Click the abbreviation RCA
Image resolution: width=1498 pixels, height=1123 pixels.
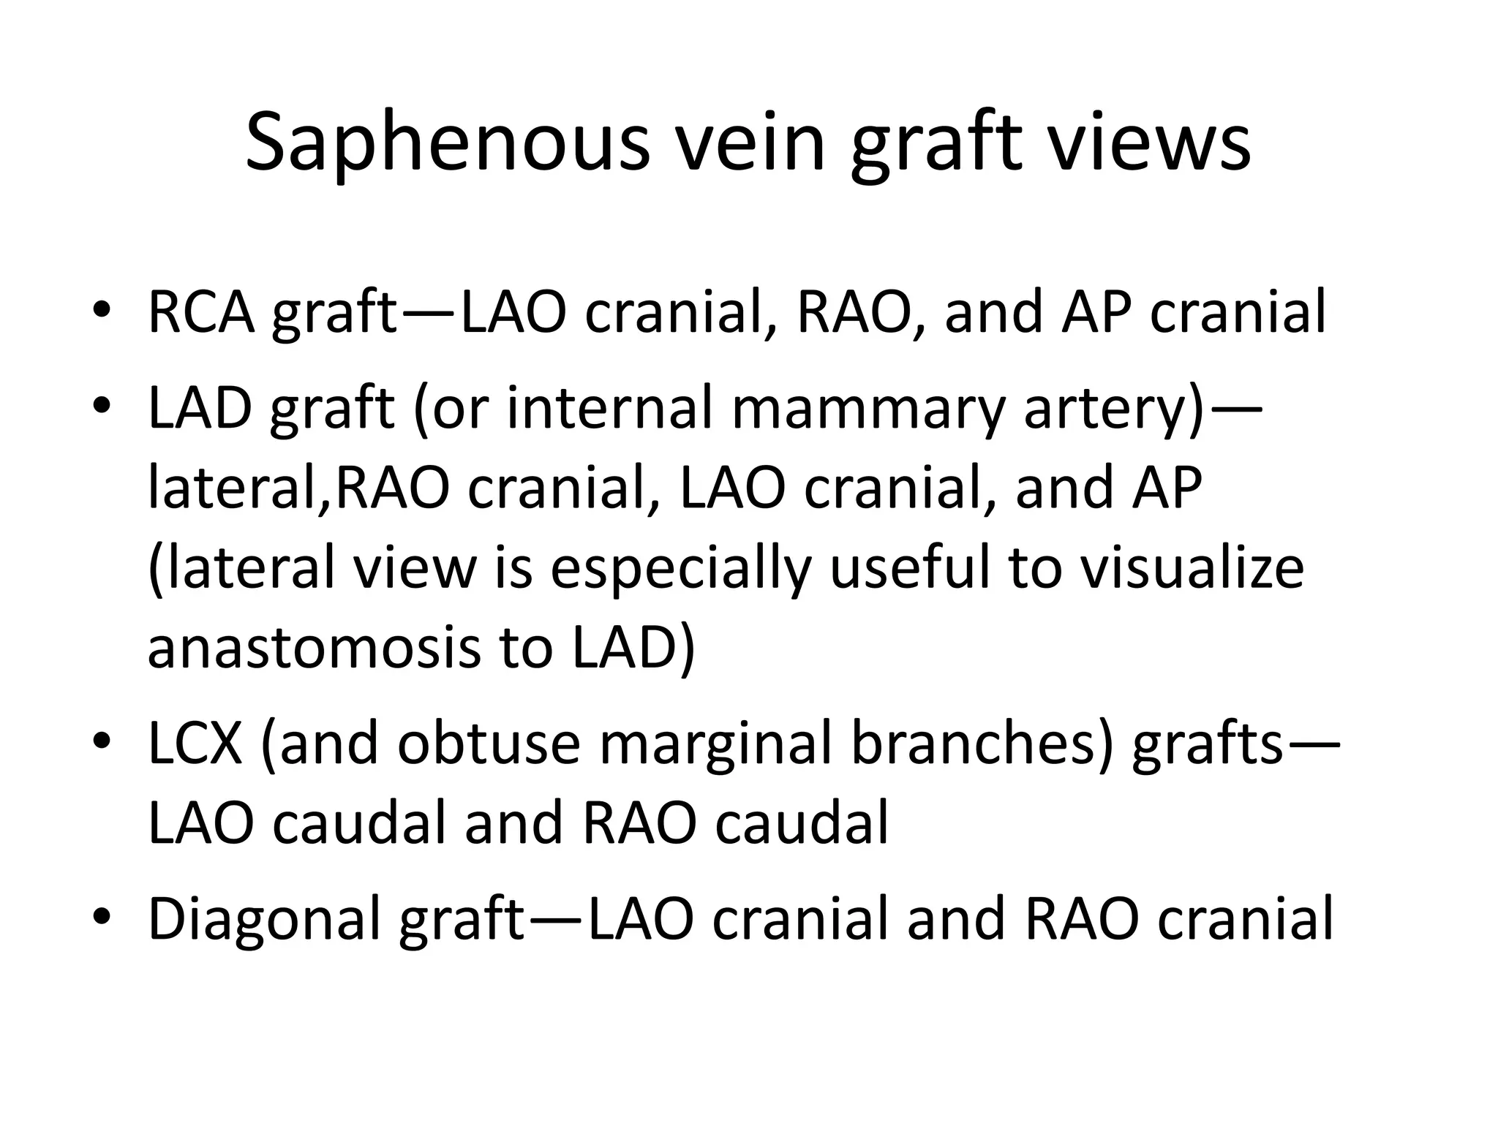pyautogui.click(x=201, y=312)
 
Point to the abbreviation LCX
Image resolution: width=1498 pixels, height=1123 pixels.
pyautogui.click(x=195, y=744)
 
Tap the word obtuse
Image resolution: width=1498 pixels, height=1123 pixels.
pyautogui.click(x=488, y=744)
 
